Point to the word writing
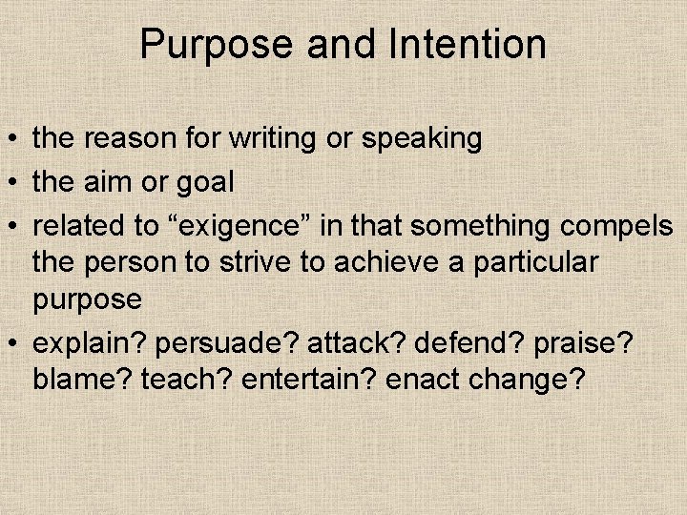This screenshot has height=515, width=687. click(x=273, y=139)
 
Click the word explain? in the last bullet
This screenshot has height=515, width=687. click(x=88, y=342)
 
